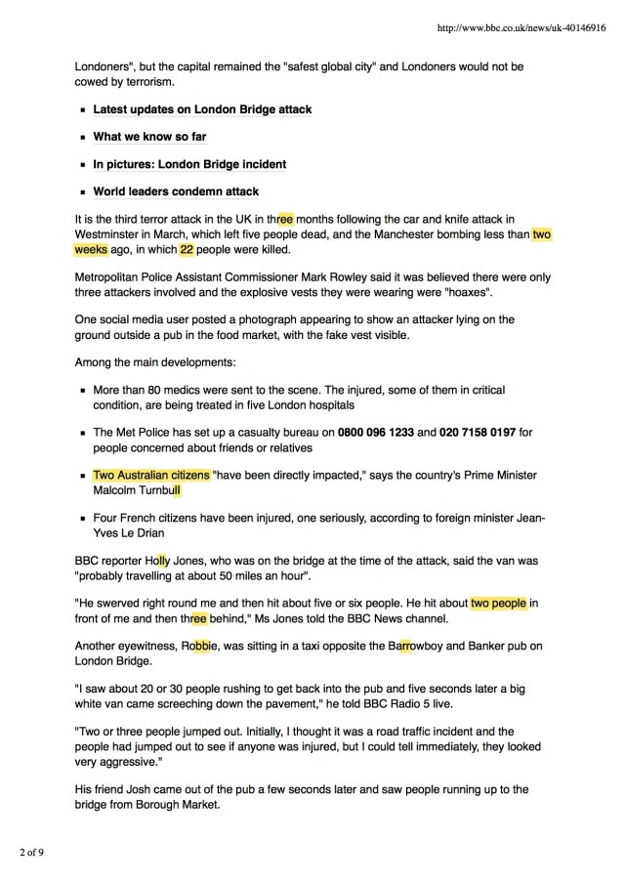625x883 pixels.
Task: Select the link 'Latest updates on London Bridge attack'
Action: tap(202, 110)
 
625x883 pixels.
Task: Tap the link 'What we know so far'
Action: tap(149, 137)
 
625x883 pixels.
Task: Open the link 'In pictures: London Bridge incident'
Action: tap(189, 164)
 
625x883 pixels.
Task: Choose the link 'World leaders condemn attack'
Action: tap(176, 191)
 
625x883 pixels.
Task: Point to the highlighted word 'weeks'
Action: tap(95, 249)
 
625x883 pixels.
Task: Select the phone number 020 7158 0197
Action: tap(480, 432)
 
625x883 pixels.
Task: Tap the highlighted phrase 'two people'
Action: tap(498, 604)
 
